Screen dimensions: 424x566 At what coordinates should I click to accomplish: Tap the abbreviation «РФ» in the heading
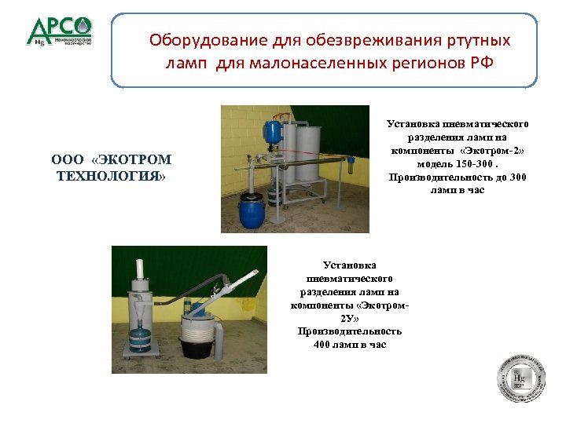click(480, 63)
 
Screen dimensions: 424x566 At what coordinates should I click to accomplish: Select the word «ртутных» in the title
click(476, 39)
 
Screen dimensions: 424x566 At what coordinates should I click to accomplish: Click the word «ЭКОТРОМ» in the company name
click(132, 160)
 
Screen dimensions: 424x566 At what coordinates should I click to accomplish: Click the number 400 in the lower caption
click(323, 345)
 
